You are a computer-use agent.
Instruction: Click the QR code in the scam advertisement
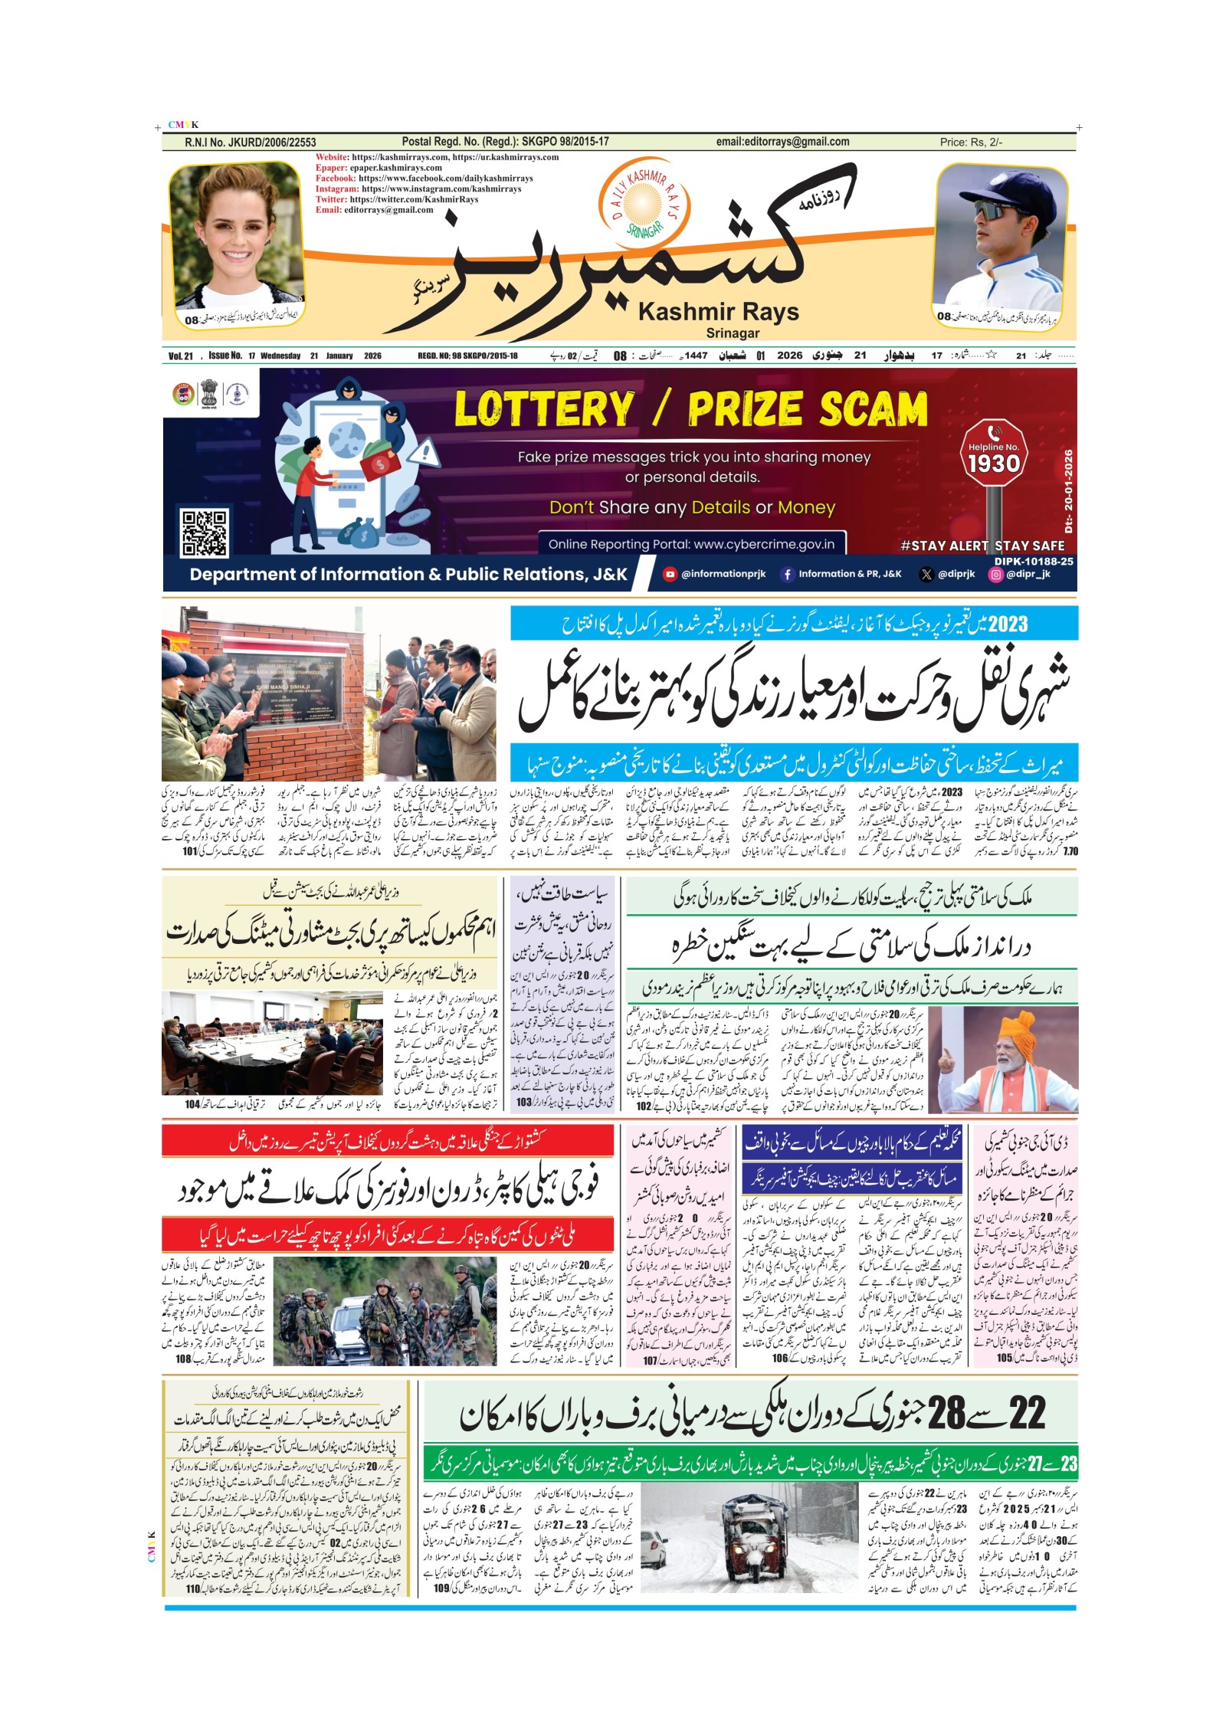205,533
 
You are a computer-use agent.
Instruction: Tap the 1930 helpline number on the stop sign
994,464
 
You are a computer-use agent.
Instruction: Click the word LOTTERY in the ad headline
544,409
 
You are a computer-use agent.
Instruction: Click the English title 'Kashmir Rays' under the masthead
718,313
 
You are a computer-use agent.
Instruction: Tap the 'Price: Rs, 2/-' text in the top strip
971,142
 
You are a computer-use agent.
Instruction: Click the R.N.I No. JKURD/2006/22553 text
251,143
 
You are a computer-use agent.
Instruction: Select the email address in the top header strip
782,142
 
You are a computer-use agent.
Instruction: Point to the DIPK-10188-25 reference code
1034,561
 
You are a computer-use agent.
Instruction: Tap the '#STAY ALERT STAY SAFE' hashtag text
982,546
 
